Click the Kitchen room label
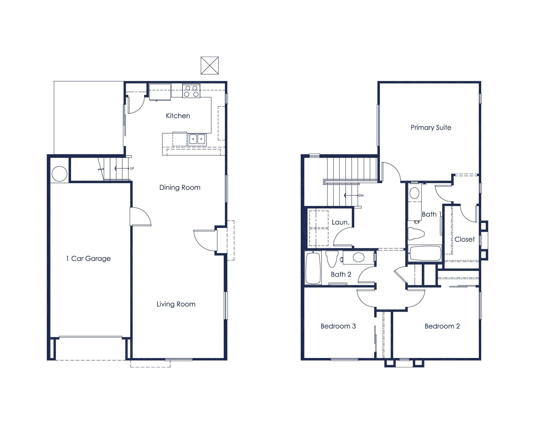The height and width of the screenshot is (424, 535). [178, 116]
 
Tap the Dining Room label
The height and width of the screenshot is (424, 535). [180, 188]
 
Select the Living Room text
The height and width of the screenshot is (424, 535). [176, 304]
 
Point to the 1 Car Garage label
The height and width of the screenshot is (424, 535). [88, 259]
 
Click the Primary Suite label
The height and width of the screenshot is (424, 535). [431, 128]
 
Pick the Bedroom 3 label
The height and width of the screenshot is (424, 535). [338, 326]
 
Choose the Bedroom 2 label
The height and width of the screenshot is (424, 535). [442, 326]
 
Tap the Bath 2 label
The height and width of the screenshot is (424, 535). [341, 274]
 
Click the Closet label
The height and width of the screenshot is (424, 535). [465, 239]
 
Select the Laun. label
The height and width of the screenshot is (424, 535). [340, 222]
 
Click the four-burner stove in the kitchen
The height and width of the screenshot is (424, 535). [191, 91]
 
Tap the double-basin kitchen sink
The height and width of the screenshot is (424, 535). [197, 139]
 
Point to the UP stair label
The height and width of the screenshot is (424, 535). [132, 168]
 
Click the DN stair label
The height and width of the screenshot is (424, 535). [361, 195]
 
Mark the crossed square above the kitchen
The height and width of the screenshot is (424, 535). [210, 65]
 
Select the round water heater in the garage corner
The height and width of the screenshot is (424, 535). [59, 174]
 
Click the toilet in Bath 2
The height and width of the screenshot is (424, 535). [332, 259]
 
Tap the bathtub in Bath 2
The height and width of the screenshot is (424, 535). [313, 268]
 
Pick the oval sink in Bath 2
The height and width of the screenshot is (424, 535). [358, 257]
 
